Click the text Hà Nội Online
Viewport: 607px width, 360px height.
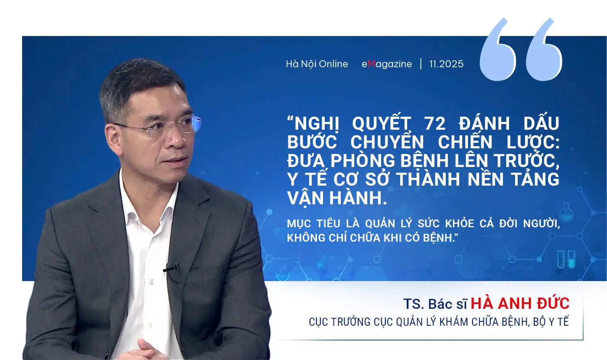[317, 64]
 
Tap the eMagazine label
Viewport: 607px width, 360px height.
[387, 64]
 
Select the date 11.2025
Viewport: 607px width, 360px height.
[446, 64]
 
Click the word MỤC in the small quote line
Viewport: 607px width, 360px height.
[298, 224]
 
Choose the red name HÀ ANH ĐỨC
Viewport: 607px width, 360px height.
[520, 303]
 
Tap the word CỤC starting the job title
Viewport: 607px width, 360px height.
[318, 322]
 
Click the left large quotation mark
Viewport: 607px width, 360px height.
[497, 50]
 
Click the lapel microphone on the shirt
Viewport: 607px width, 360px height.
[172, 268]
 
